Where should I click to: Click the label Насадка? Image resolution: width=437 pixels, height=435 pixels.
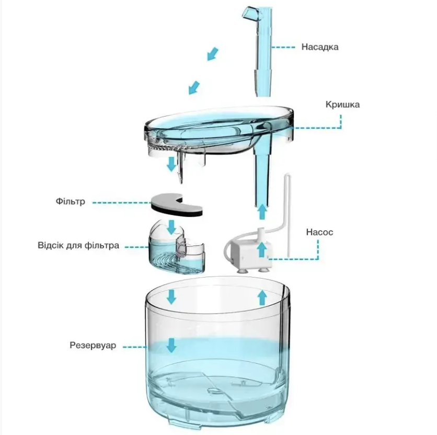pyautogui.click(x=320, y=47)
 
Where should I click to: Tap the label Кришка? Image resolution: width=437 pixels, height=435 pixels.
pyautogui.click(x=342, y=105)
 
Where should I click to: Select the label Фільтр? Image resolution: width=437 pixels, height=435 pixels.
pyautogui.click(x=70, y=201)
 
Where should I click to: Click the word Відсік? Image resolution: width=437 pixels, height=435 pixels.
pyautogui.click(x=51, y=245)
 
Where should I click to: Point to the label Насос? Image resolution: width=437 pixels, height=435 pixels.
pyautogui.click(x=319, y=232)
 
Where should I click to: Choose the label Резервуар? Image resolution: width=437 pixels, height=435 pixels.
pyautogui.click(x=93, y=345)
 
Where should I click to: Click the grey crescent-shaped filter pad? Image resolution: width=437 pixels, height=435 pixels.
pyautogui.click(x=176, y=205)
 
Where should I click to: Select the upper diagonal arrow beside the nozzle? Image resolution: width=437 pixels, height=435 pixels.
pyautogui.click(x=213, y=54)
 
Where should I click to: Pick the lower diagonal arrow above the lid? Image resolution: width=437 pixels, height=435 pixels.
pyautogui.click(x=194, y=87)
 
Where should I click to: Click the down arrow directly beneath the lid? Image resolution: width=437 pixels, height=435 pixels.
pyautogui.click(x=171, y=164)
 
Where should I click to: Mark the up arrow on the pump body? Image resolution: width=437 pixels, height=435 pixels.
pyautogui.click(x=261, y=249)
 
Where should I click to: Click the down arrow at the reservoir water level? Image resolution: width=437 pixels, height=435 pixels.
pyautogui.click(x=171, y=345)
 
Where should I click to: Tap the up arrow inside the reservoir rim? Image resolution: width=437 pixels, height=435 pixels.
pyautogui.click(x=262, y=297)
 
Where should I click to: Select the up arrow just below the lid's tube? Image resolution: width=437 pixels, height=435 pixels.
pyautogui.click(x=262, y=212)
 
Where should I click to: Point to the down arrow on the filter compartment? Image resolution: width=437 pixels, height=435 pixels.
pyautogui.click(x=171, y=227)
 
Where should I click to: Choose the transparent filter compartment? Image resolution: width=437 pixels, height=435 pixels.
pyautogui.click(x=177, y=246)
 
